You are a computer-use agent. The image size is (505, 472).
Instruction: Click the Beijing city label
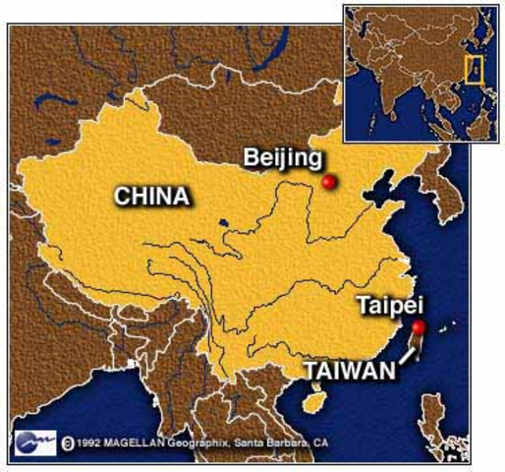282,157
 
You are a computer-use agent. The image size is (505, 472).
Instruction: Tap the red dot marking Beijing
329,182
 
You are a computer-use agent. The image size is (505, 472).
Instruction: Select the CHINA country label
152,195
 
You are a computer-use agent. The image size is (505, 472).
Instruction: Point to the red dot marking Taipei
419,328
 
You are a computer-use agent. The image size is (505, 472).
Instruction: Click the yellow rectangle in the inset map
473,69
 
